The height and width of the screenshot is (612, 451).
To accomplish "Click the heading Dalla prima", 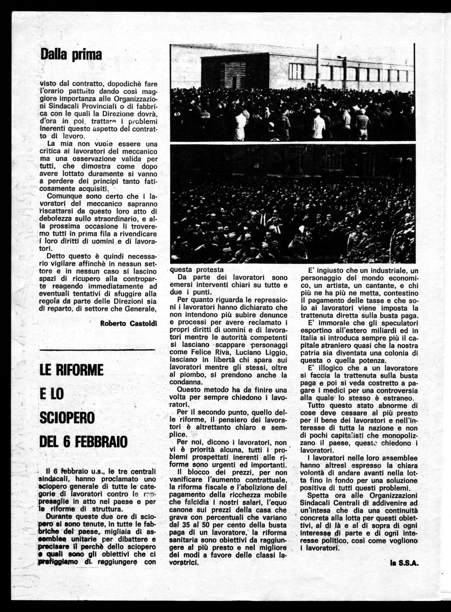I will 71,54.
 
